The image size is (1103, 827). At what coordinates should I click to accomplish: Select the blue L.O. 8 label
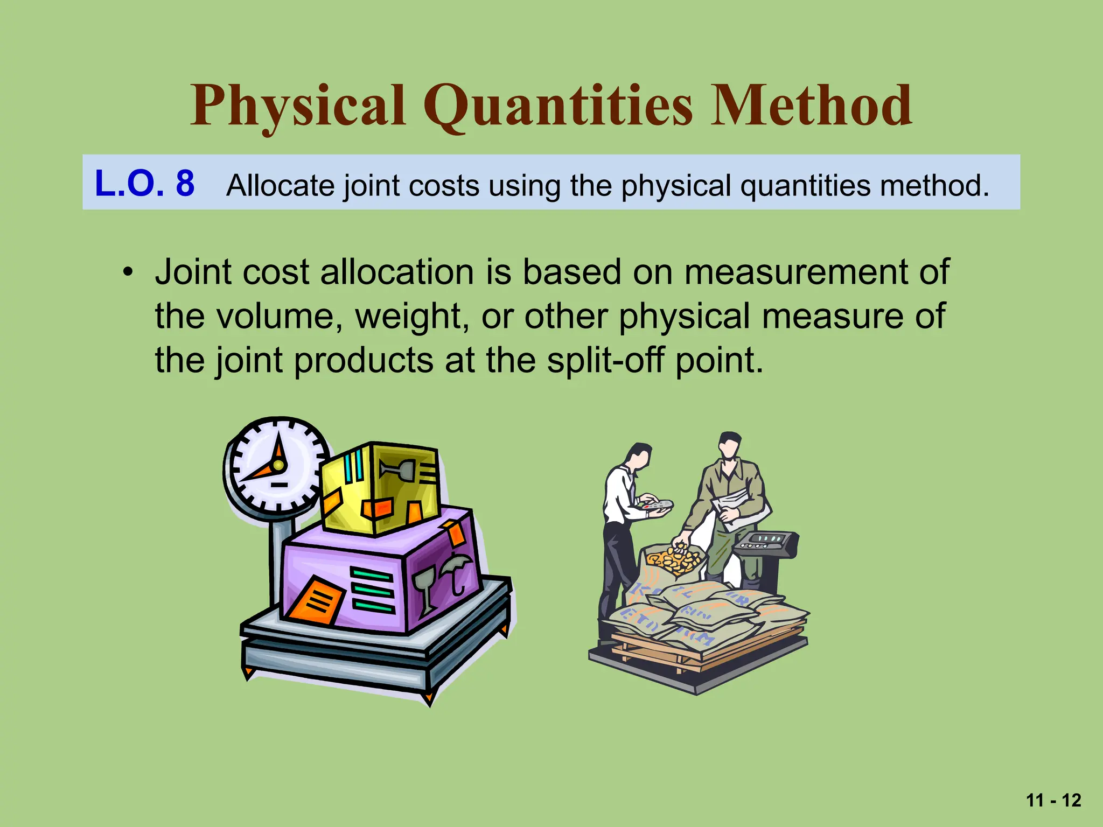(x=144, y=183)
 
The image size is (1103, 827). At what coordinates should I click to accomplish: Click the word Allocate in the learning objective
(x=280, y=185)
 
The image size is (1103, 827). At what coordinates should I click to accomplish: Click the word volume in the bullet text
(x=280, y=316)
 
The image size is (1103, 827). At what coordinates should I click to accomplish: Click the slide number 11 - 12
(x=1053, y=800)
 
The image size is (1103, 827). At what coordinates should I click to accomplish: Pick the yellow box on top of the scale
(x=380, y=487)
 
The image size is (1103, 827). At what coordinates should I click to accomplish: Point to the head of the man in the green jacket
(x=730, y=445)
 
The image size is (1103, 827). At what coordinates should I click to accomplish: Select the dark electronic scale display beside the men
(x=765, y=541)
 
